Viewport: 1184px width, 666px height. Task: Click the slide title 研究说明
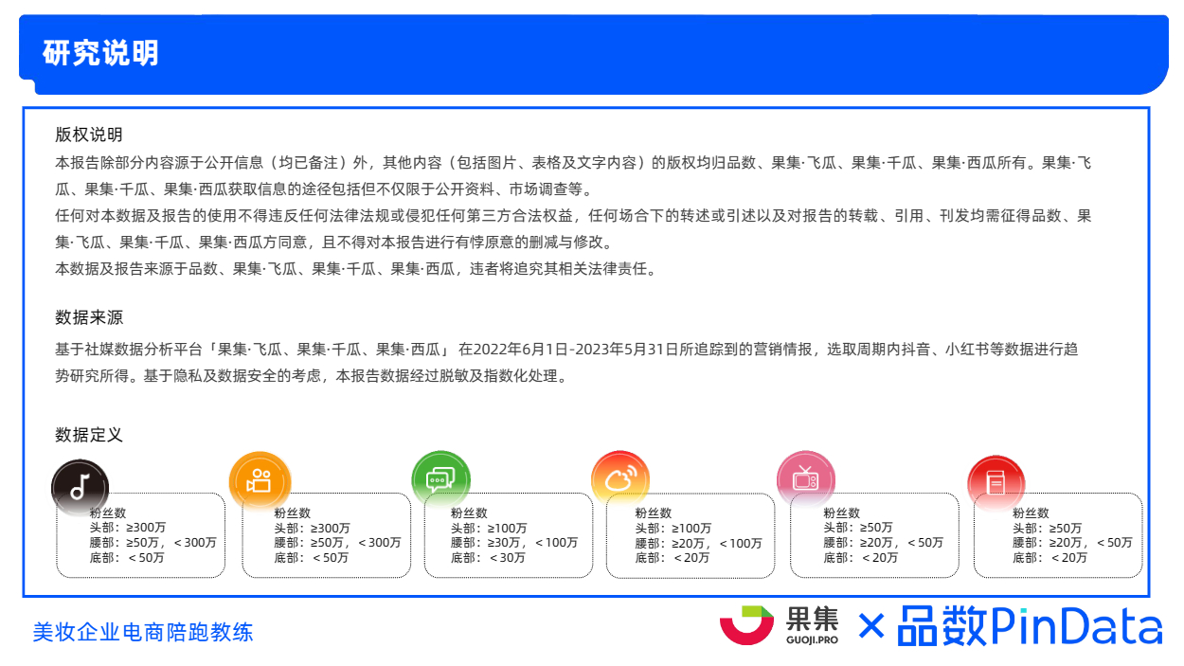tap(100, 53)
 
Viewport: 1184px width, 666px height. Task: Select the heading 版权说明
tap(89, 135)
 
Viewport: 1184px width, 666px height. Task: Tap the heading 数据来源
tap(89, 317)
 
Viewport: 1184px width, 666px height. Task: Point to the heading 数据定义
tap(89, 435)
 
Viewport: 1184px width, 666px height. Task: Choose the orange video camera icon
tap(260, 481)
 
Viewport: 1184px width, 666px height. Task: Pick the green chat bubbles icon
tap(440, 479)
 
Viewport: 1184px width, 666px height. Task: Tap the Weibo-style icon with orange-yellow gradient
tap(620, 478)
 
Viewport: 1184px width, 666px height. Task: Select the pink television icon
tap(805, 479)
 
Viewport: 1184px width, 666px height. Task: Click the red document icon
tap(996, 483)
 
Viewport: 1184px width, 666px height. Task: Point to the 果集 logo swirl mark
tap(746, 625)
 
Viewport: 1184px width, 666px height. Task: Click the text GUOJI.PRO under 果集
tap(812, 640)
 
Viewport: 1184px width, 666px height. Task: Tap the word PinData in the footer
tap(1077, 625)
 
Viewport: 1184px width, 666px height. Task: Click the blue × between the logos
tap(871, 626)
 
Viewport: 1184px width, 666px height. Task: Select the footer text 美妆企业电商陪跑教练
tap(143, 632)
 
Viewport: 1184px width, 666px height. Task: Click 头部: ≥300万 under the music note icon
tap(127, 528)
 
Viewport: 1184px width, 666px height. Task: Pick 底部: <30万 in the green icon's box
tap(488, 558)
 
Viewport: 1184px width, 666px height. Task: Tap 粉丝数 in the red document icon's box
tap(1031, 513)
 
